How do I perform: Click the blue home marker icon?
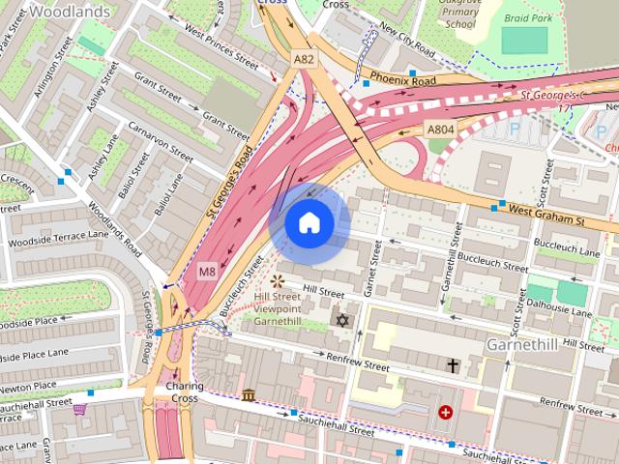click(309, 223)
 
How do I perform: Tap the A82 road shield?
click(304, 60)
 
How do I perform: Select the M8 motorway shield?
click(207, 272)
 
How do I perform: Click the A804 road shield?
click(440, 128)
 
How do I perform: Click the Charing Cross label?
click(184, 391)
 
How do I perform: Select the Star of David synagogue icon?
click(340, 319)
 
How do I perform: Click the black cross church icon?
click(453, 365)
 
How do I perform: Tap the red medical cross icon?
click(445, 412)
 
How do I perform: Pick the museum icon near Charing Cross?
click(250, 395)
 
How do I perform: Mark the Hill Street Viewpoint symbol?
click(278, 281)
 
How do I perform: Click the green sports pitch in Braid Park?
click(524, 40)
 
